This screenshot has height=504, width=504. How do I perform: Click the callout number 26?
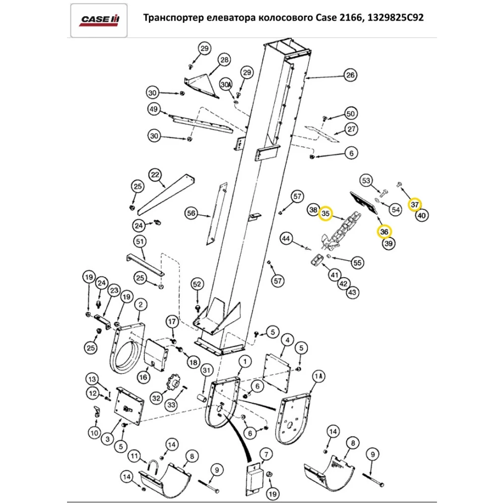click(350, 76)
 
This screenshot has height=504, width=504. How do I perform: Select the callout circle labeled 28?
click(224, 60)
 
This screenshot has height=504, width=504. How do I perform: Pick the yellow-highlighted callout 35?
click(326, 214)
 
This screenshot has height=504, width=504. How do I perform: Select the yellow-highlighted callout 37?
click(415, 204)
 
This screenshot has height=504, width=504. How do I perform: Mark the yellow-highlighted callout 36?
click(384, 231)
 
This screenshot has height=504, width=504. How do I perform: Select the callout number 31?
click(206, 371)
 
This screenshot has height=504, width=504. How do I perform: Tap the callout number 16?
click(144, 376)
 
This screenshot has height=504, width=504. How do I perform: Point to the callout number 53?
click(366, 180)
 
